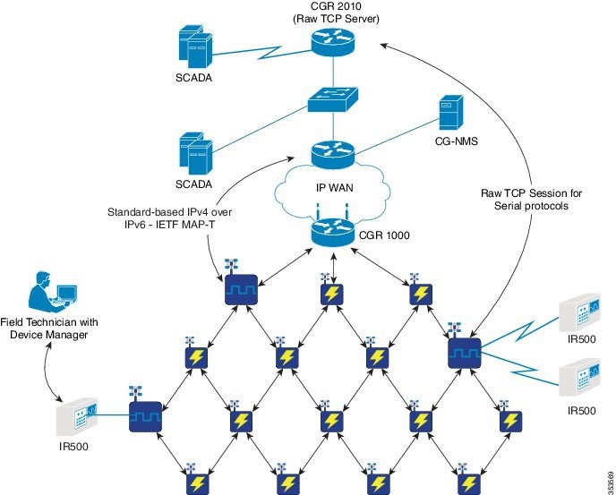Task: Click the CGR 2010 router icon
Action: pos(333,43)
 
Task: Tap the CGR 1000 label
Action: pos(384,235)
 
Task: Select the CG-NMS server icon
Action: pos(450,113)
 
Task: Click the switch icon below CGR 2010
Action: pos(333,100)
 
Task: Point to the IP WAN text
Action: pos(335,188)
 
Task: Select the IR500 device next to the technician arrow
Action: pos(77,416)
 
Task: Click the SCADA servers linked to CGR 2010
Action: pos(196,47)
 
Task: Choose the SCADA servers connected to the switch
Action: pos(196,153)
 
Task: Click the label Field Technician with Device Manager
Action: pos(48,329)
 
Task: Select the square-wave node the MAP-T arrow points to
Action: pos(241,289)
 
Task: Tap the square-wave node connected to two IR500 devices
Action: pos(465,353)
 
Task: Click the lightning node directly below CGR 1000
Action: pos(332,294)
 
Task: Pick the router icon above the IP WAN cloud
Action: pos(333,155)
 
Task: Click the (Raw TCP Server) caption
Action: pos(337,19)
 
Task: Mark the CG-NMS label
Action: pos(457,141)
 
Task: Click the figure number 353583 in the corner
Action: pos(610,482)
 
